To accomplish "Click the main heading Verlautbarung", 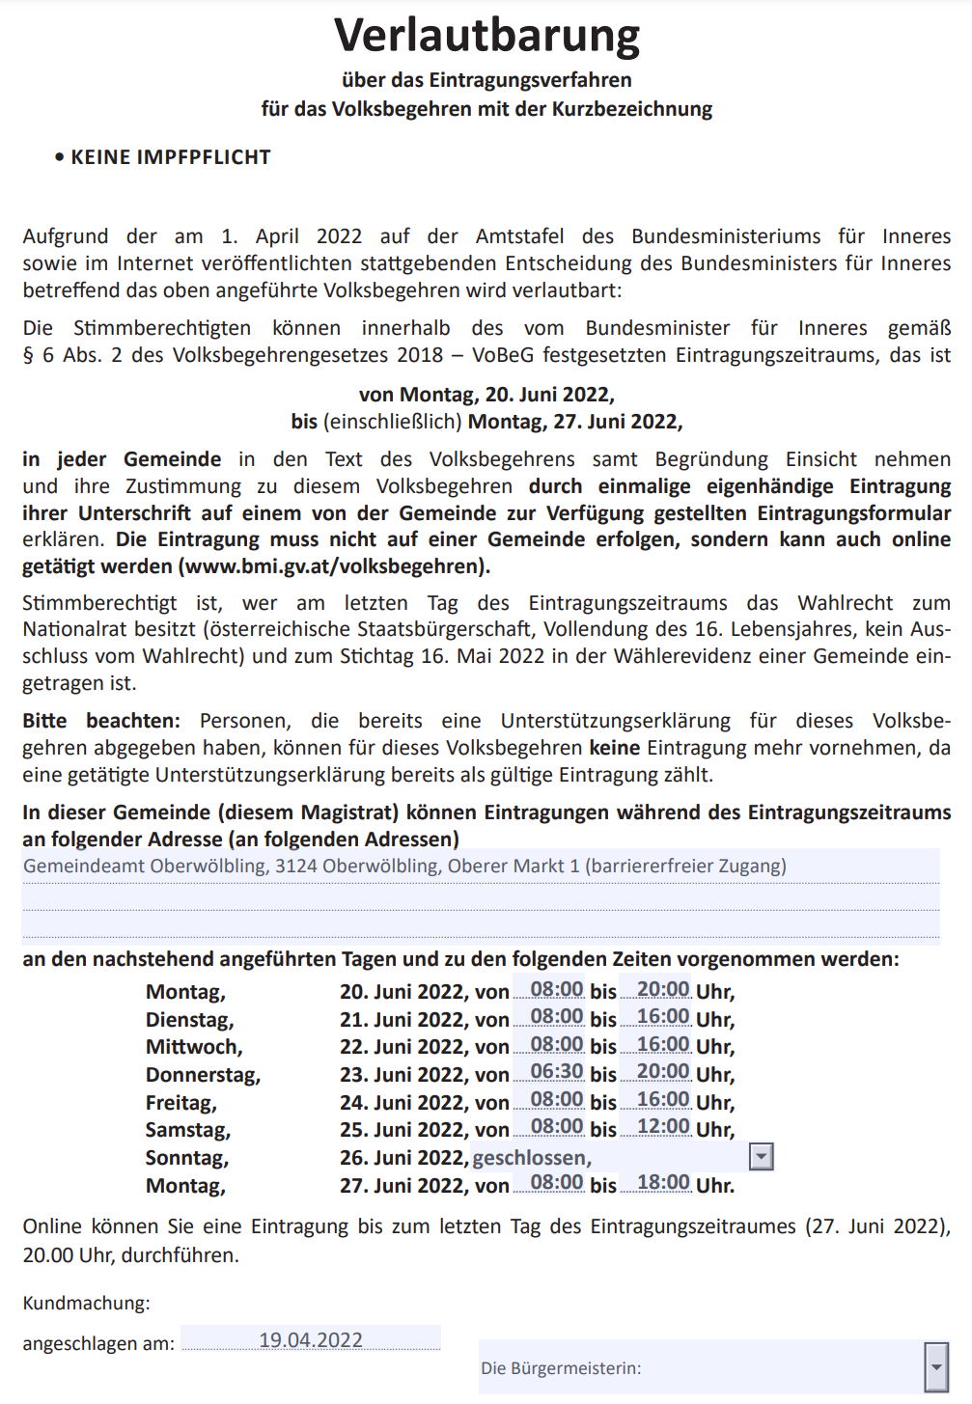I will [486, 36].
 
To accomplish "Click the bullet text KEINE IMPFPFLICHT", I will [170, 157].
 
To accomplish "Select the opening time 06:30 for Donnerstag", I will [557, 1072].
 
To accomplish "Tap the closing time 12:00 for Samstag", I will [663, 1127].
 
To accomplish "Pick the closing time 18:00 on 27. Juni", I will [663, 1183].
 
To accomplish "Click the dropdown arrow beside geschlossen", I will [762, 1157].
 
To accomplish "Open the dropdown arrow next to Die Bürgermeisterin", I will [935, 1366].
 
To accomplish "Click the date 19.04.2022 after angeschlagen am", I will [311, 1340].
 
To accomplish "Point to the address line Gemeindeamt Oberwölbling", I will [404, 866].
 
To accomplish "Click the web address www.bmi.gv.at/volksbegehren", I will [334, 566].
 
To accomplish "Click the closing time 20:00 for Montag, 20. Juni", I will [663, 990].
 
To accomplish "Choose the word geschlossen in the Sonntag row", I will [530, 1158].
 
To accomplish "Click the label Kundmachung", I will [86, 1303].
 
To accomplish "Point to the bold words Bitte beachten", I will [101, 721].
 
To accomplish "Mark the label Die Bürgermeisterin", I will [561, 1368].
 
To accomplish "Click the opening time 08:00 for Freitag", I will [557, 1100].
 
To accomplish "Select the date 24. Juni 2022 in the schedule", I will [403, 1103].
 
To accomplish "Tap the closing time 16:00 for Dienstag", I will [663, 1017].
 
